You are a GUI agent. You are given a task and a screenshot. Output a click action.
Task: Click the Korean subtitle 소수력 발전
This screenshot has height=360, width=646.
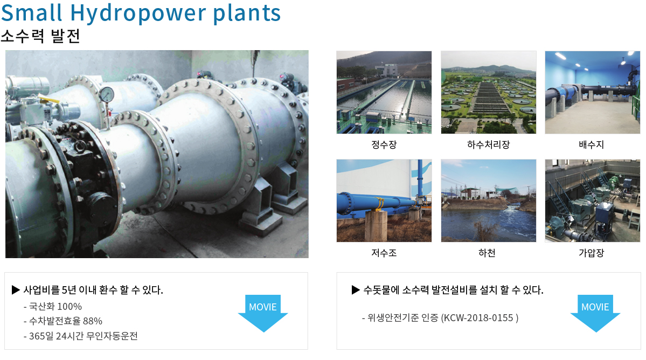tap(40, 36)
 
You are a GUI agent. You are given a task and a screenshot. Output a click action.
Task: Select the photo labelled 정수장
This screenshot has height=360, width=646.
tap(384, 92)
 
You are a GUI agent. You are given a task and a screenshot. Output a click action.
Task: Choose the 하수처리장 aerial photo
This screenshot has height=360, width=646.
tap(489, 92)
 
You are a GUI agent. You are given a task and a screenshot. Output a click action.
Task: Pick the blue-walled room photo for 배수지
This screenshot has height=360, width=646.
tap(593, 92)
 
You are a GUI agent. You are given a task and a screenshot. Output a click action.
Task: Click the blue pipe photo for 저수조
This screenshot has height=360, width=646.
tap(384, 200)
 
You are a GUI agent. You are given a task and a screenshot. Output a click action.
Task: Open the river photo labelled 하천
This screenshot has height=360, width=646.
tap(489, 200)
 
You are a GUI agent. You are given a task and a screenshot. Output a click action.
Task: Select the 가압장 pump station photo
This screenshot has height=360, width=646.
tap(593, 200)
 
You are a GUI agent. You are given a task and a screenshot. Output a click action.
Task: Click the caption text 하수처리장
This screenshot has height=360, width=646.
tap(489, 144)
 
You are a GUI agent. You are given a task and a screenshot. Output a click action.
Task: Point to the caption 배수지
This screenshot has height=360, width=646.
tap(592, 144)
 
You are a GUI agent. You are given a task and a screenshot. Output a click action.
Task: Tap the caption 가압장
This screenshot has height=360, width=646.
tap(592, 253)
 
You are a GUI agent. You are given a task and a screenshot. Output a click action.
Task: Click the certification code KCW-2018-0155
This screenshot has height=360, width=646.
tap(479, 318)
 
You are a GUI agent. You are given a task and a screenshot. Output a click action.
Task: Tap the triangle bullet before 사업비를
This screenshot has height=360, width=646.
tap(16, 290)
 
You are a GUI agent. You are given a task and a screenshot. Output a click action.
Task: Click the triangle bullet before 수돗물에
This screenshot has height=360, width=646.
tap(356, 290)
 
